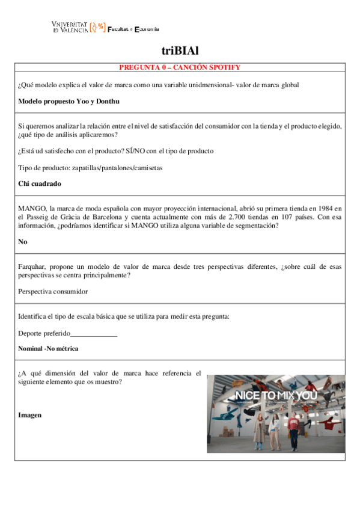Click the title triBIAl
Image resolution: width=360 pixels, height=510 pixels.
tap(180, 51)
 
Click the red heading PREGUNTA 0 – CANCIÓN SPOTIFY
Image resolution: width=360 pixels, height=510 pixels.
tap(180, 67)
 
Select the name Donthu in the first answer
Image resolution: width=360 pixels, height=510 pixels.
tap(109, 102)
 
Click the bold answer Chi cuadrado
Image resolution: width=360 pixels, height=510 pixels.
tap(40, 183)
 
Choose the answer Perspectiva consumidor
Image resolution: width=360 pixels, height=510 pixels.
tap(53, 292)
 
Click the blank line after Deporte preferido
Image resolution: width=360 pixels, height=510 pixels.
tap(94, 333)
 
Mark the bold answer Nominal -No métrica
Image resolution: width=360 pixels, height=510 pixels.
tap(48, 348)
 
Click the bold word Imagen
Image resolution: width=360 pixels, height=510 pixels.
tap(29, 414)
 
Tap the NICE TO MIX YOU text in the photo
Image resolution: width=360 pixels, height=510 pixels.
tap(276, 395)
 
